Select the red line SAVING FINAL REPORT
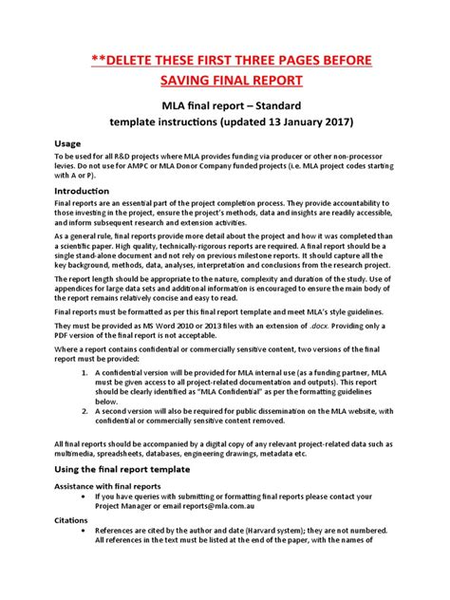224,82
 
